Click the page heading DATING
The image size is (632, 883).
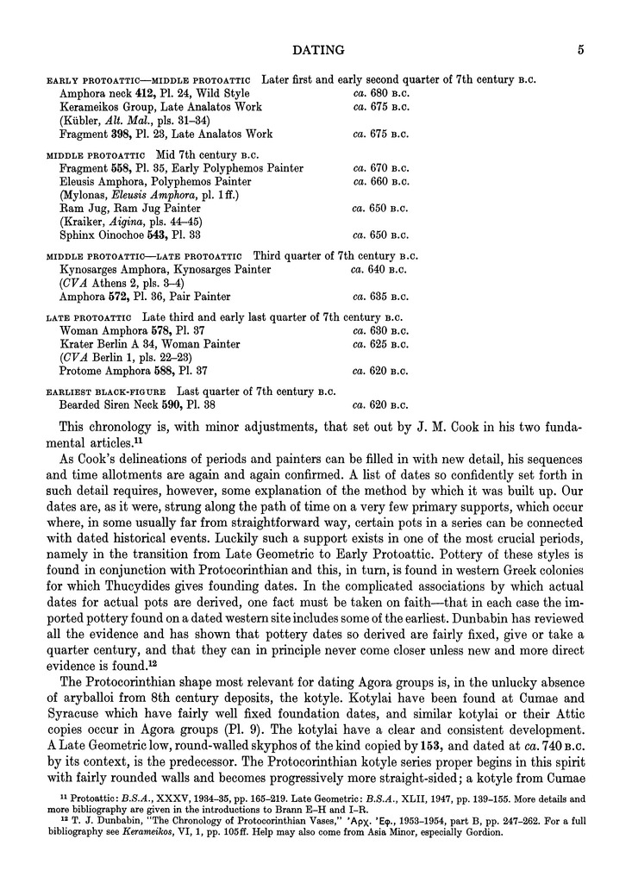(x=319, y=51)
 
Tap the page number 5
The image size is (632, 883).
(x=582, y=51)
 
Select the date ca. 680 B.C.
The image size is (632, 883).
(x=381, y=93)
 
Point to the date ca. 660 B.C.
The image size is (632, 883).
(x=381, y=182)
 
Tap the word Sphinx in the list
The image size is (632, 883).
(x=78, y=235)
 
